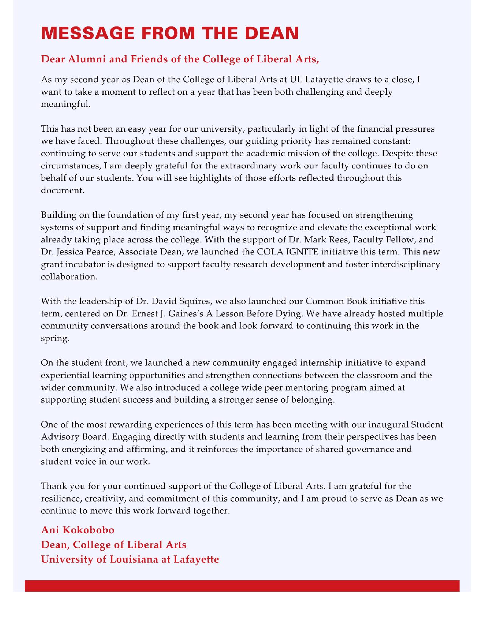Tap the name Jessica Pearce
[x=85, y=252]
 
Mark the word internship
[x=321, y=363]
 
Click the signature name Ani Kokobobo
[x=77, y=530]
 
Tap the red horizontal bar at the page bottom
[x=242, y=586]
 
